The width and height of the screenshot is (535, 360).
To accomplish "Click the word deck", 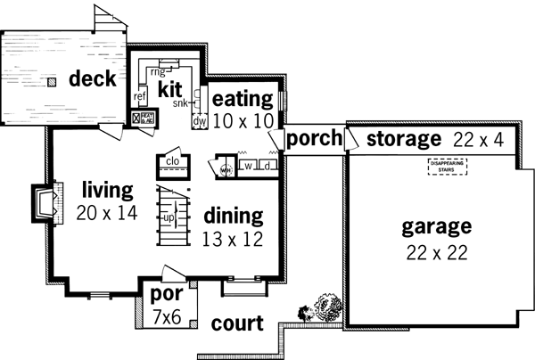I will click(x=93, y=78).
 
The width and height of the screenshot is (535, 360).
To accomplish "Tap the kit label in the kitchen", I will click(x=170, y=90).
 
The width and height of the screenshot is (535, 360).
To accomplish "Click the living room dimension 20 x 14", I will click(x=106, y=213).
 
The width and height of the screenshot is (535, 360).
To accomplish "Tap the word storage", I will click(x=403, y=139).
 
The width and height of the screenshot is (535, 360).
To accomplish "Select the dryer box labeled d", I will click(x=266, y=166).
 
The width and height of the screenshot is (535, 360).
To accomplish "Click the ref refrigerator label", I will click(x=140, y=96).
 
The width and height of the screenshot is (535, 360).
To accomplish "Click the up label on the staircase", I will click(x=167, y=217).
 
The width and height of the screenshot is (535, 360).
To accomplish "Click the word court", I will click(x=237, y=324).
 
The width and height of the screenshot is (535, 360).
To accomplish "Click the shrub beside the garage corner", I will click(x=325, y=309).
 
